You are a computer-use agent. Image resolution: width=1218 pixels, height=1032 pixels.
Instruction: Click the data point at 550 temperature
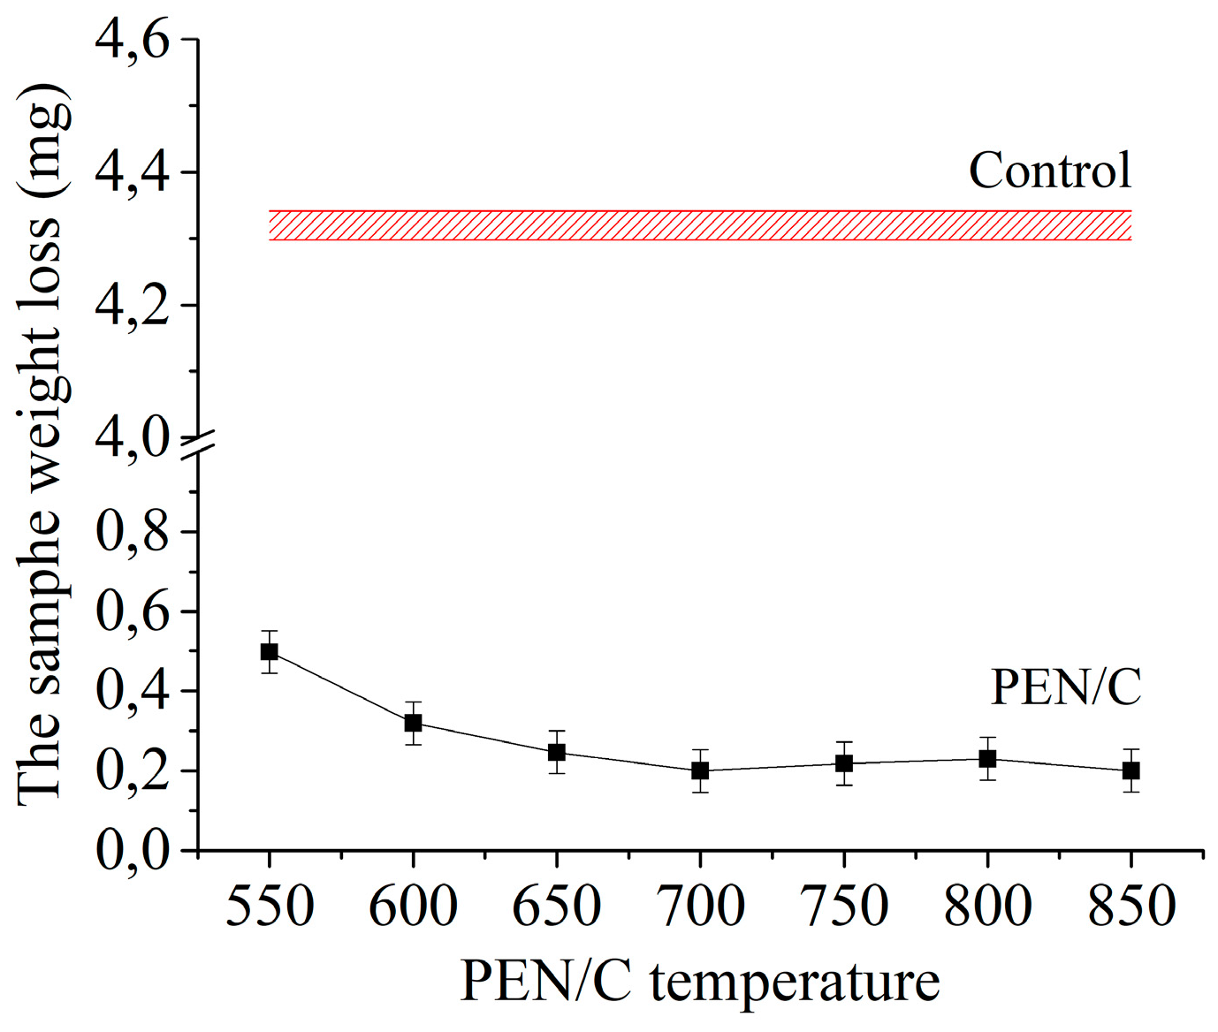pos(270,652)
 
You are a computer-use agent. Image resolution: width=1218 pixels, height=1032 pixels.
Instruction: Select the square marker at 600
pos(413,723)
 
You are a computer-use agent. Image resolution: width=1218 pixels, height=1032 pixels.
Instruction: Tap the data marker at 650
pos(557,753)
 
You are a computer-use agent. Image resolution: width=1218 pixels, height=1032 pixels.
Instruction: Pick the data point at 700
pos(700,770)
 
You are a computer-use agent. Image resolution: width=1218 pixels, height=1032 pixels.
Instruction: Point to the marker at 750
pos(844,763)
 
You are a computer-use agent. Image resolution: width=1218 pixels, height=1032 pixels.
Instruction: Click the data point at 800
pos(987,759)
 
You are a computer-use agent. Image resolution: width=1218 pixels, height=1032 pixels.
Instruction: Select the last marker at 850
pos(1130,770)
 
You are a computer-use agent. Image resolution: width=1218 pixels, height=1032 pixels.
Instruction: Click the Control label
pos(1049,171)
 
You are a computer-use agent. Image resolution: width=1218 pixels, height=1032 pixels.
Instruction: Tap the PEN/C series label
pos(1065,687)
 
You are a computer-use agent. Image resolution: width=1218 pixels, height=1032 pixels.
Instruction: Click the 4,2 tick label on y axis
pos(132,306)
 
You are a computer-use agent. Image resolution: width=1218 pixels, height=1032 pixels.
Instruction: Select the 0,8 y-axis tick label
pos(132,532)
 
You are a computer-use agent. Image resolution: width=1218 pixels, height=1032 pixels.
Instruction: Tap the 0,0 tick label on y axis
pos(132,850)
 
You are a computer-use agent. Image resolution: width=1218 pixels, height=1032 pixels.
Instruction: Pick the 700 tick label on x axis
pos(700,907)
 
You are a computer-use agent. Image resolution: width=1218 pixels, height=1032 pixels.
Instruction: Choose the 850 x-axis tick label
pos(1130,907)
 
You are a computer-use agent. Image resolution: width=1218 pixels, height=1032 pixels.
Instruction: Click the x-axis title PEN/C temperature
pos(699,982)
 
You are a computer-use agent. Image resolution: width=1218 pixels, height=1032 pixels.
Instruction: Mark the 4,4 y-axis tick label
pos(132,172)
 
